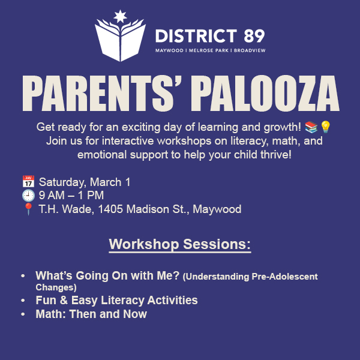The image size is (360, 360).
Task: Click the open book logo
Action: pyautogui.click(x=120, y=40)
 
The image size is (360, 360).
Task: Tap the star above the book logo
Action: pyautogui.click(x=121, y=16)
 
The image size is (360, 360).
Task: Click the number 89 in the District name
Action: pyautogui.click(x=254, y=36)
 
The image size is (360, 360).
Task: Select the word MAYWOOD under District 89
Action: pyautogui.click(x=169, y=50)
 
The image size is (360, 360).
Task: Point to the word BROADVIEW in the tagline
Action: pyautogui.click(x=250, y=50)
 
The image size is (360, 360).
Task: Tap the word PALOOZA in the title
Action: pyautogui.click(x=265, y=93)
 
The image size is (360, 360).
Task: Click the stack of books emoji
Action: pyautogui.click(x=311, y=127)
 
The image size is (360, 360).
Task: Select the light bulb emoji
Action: pyautogui.click(x=325, y=127)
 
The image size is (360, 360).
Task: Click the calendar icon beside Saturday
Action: pyautogui.click(x=28, y=181)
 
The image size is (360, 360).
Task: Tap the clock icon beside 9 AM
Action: pyautogui.click(x=28, y=196)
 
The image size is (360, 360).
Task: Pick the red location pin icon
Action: pyautogui.click(x=28, y=209)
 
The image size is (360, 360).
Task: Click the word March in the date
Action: pyautogui.click(x=106, y=182)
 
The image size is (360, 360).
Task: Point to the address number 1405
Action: pyautogui.click(x=110, y=209)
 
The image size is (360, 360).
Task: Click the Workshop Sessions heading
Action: pyautogui.click(x=180, y=244)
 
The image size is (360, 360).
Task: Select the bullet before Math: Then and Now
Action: pyautogui.click(x=23, y=314)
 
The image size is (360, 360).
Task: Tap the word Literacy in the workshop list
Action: pyautogui.click(x=122, y=301)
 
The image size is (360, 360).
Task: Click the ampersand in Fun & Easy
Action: pyautogui.click(x=64, y=301)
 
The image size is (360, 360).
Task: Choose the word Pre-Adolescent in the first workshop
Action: pyautogui.click(x=284, y=277)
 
